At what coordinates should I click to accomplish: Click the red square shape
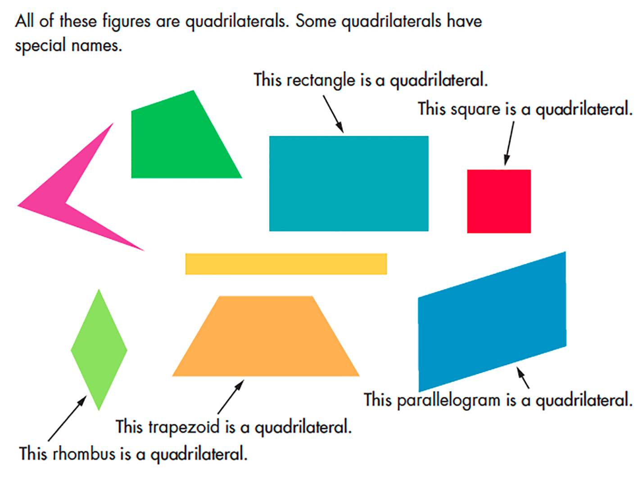coord(499,201)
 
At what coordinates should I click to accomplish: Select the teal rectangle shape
coord(348,183)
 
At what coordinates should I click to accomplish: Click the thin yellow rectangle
coord(286,264)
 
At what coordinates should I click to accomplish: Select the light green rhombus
coord(99,349)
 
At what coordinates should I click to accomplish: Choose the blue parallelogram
coord(492,321)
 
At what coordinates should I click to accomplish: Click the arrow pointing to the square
coord(509,144)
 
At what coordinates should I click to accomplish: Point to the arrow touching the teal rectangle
coord(333,114)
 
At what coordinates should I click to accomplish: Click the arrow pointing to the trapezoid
coord(231,397)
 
